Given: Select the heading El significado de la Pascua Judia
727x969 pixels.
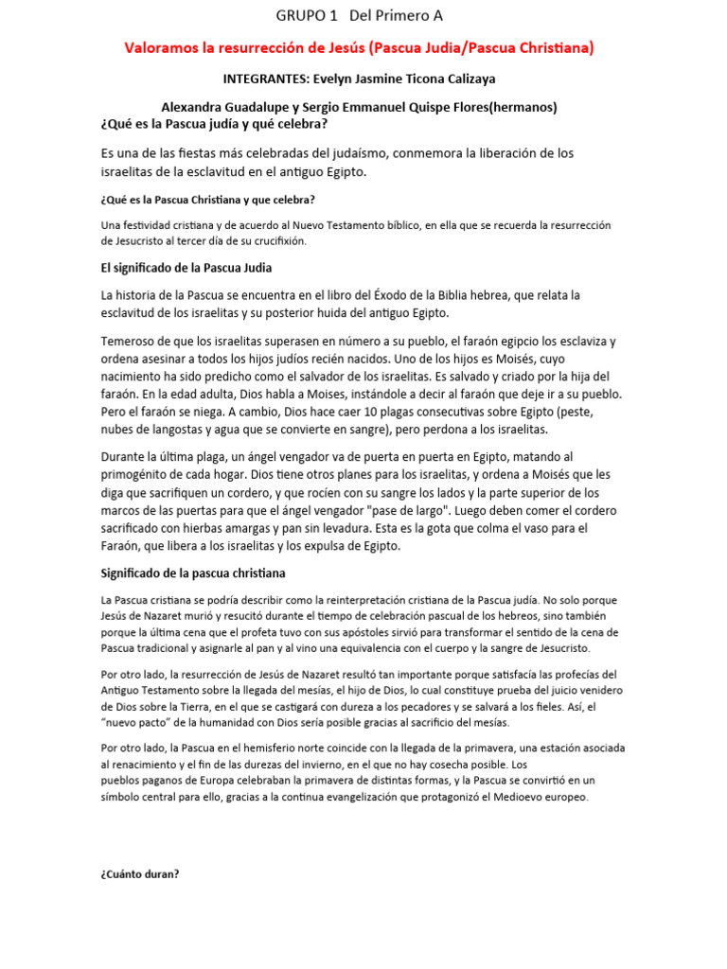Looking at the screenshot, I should point(186,268).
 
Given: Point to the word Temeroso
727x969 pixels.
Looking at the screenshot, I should point(132,341).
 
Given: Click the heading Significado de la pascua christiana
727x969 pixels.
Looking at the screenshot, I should point(193,573).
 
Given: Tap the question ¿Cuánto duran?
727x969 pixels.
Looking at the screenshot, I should point(140,873).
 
